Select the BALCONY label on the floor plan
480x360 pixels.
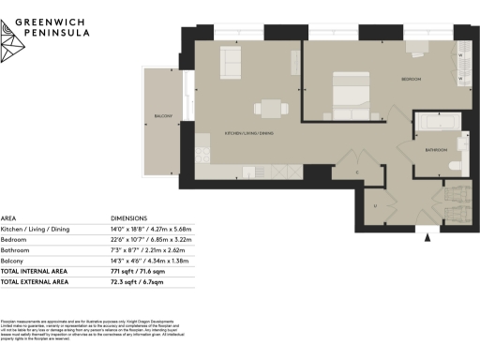coord(164,115)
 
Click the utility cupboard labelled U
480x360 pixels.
coord(375,204)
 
